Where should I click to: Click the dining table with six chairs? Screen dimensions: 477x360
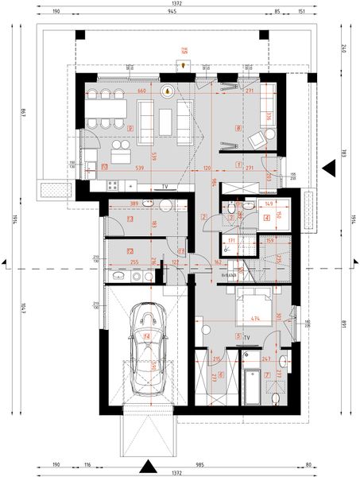click(104, 109)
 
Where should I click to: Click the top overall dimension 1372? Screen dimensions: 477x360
click(177, 4)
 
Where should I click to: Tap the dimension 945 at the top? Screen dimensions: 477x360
click(172, 13)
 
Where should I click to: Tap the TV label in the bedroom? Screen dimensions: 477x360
click(247, 338)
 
